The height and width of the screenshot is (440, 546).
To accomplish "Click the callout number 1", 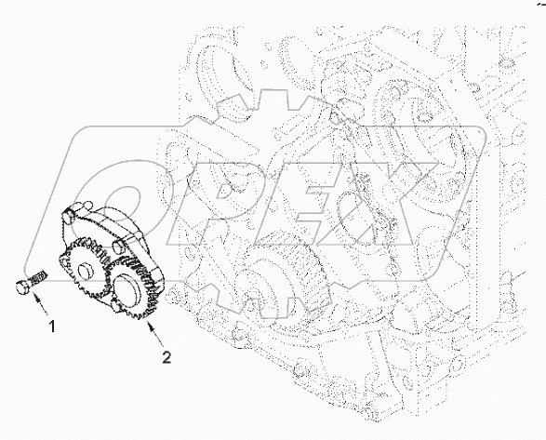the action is pos(52,327).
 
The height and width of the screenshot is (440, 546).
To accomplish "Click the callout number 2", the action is pos(166,357).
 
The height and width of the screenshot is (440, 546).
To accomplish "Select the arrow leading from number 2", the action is pos(154,334).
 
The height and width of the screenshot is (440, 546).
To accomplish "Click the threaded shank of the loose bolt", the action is pos(38,276).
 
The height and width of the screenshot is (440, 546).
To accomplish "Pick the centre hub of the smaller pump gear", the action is pos(85,272).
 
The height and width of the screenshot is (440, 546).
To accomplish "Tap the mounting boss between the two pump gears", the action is pos(118,246).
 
